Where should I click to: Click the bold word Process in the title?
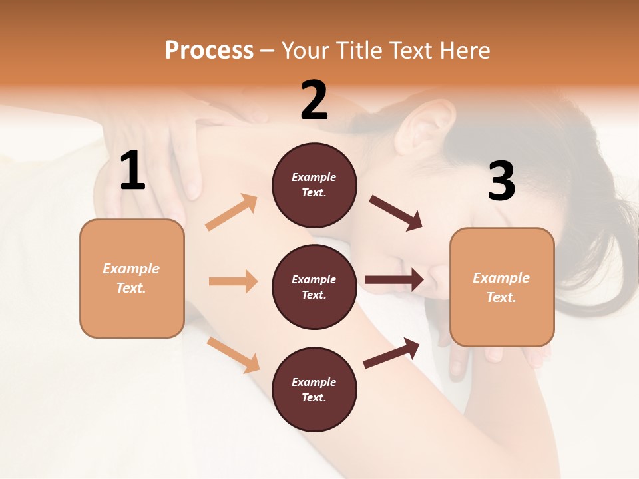[x=209, y=50]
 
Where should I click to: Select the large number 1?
[x=132, y=171]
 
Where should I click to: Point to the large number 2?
[x=314, y=100]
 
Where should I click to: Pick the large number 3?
[x=501, y=181]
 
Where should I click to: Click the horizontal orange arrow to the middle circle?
[x=233, y=281]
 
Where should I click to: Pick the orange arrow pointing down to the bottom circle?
[x=234, y=355]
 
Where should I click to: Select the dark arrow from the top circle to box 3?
[x=396, y=213]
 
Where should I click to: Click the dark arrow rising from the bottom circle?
[x=391, y=353]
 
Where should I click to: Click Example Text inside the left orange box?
[x=131, y=278]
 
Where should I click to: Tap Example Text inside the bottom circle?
[x=314, y=389]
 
